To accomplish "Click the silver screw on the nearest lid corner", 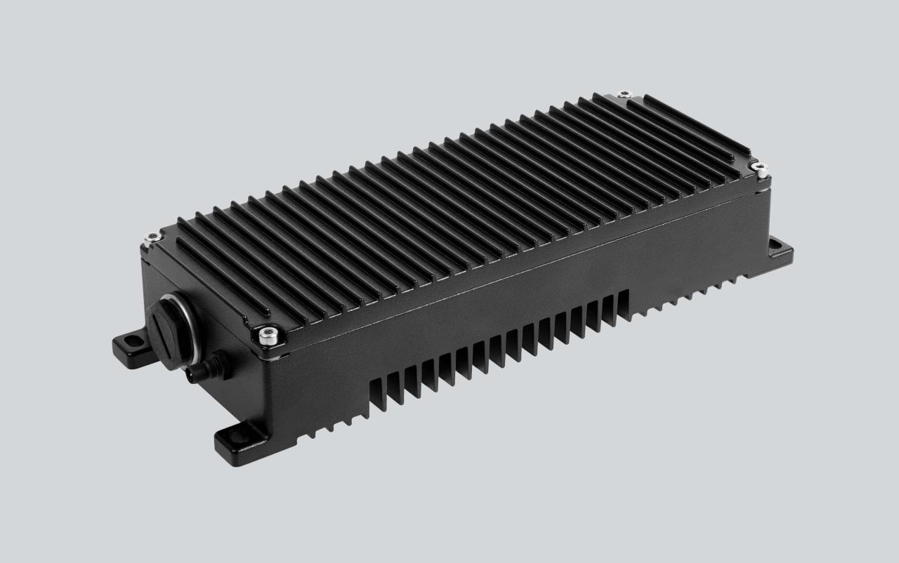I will coord(265,336).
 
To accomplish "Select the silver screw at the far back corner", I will coord(622,93).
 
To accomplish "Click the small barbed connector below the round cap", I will coord(201,368).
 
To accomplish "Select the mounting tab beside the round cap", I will coord(130,345).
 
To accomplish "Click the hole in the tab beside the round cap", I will coord(129,341).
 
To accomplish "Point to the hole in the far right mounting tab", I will coord(775,244).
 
